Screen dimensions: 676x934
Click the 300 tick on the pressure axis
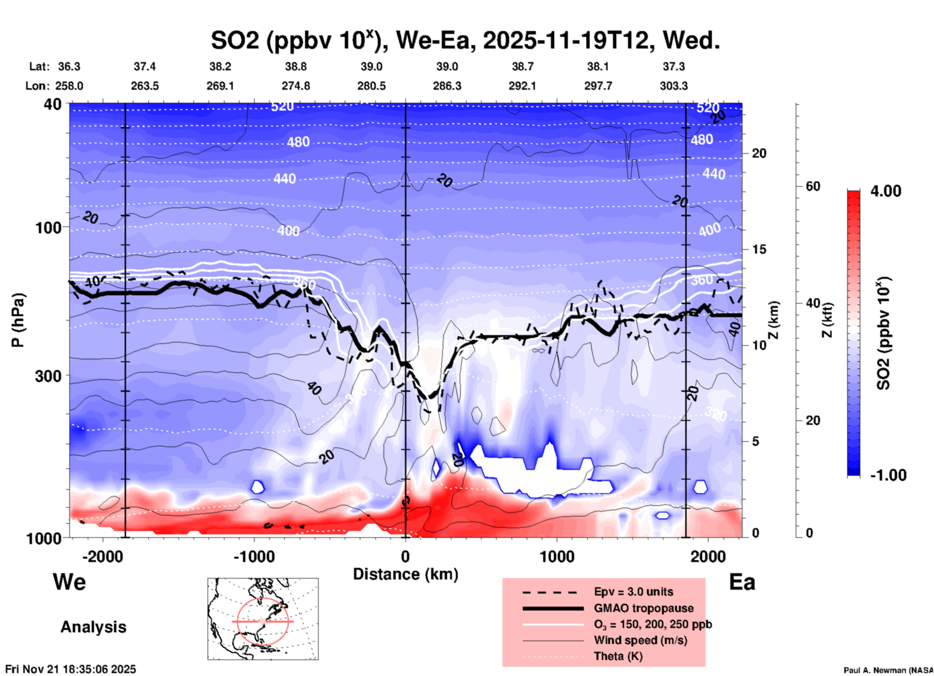48,376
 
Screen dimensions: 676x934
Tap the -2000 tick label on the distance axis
102,556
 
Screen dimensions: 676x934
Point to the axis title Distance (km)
405,574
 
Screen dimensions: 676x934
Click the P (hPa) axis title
18,320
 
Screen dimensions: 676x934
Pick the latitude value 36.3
69,66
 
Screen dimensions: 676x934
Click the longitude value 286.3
447,86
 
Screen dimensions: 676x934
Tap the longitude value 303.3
674,86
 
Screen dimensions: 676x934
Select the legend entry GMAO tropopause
644,608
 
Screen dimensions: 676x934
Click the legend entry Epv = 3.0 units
633,592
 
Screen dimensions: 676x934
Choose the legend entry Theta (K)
618,656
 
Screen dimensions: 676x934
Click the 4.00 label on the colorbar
886,191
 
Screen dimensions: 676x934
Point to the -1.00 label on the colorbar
888,475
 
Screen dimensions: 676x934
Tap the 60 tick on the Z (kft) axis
813,186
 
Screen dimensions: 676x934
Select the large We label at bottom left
69,581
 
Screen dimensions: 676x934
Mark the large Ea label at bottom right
742,582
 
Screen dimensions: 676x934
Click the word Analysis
93,627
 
